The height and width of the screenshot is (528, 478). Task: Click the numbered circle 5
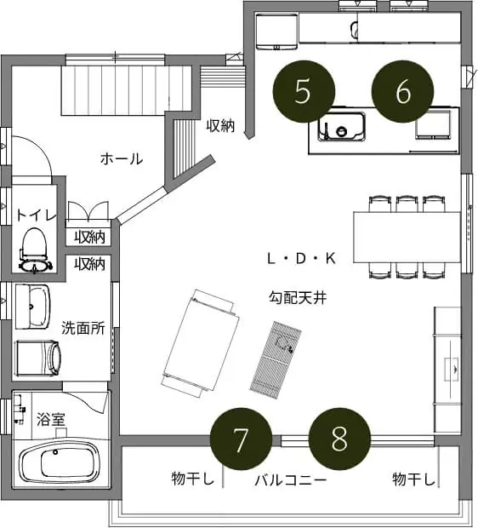click(304, 91)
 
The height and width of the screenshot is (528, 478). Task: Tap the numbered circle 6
click(402, 91)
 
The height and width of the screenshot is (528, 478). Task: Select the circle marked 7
click(241, 439)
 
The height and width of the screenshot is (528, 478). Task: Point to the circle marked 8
click(339, 439)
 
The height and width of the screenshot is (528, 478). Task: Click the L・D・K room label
click(301, 259)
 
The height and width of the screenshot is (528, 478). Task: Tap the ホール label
click(122, 158)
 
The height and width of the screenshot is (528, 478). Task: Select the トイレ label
click(37, 215)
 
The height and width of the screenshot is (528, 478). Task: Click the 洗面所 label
click(83, 328)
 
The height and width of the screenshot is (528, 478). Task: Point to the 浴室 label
click(51, 419)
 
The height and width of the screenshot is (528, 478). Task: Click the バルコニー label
click(291, 479)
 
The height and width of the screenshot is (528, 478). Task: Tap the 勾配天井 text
click(298, 298)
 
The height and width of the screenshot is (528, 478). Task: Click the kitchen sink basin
click(341, 126)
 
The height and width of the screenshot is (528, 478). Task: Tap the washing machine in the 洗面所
click(38, 358)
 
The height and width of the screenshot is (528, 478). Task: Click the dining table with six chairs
click(407, 237)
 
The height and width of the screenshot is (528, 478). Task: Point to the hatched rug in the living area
click(276, 360)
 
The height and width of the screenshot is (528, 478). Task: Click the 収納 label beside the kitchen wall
click(220, 125)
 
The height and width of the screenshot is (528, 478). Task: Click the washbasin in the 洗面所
click(32, 306)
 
